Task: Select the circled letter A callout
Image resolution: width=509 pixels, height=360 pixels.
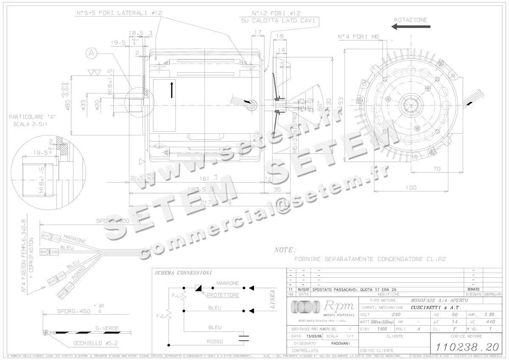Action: pos(91,53)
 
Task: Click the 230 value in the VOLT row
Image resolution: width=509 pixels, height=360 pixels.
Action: pos(396,315)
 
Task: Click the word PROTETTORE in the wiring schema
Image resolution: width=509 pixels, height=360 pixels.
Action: pos(223,295)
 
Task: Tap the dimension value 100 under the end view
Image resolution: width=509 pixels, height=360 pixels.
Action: pos(411,187)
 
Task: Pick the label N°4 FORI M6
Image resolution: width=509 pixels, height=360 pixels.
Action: pos(358,37)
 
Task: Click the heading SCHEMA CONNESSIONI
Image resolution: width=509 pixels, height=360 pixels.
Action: pos(183,273)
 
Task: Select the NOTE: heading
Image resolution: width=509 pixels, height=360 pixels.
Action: pos(285,250)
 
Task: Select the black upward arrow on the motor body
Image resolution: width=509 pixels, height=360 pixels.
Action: pos(172,90)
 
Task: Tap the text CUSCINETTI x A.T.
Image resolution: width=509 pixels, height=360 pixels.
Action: pos(436,307)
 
